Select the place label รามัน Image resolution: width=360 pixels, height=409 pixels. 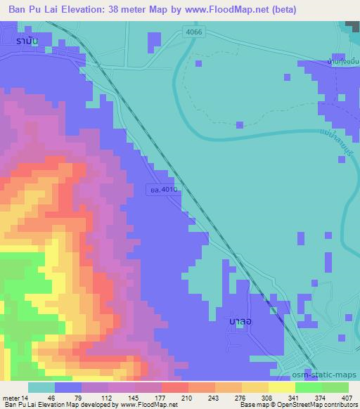click(28, 41)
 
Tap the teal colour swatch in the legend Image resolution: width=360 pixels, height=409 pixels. click(41, 387)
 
